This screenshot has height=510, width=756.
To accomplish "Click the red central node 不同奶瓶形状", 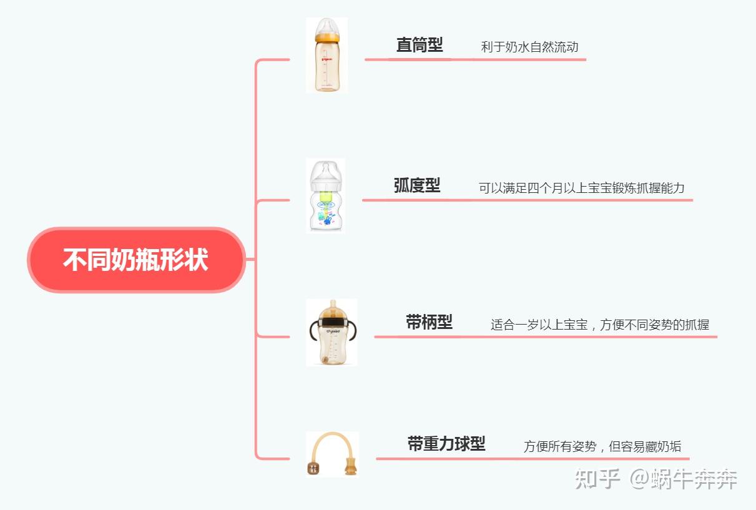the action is tap(135, 260).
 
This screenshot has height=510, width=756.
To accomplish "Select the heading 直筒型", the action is tap(420, 45).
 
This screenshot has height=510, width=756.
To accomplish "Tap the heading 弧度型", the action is tap(417, 185).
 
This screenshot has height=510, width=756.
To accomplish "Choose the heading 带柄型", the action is tap(429, 322).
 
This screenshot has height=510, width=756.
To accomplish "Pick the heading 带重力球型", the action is tap(446, 444).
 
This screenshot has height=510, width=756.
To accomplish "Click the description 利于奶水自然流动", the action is tap(529, 47).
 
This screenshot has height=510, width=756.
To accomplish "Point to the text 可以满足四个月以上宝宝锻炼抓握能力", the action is tap(582, 188).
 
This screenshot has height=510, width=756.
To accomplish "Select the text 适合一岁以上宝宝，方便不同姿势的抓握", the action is tap(600, 325).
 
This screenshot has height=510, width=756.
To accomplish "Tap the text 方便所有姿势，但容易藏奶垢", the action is tap(602, 446).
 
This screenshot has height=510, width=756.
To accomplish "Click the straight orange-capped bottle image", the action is tap(326, 56).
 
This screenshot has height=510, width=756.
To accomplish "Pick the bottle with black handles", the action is tap(331, 333).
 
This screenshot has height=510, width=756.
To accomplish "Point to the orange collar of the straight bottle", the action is tap(326, 38).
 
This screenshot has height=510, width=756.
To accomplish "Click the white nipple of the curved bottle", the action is tap(326, 172).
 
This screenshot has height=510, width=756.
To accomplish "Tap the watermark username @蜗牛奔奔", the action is tap(684, 479).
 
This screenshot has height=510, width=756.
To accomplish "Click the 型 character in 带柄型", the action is tap(444, 322).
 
